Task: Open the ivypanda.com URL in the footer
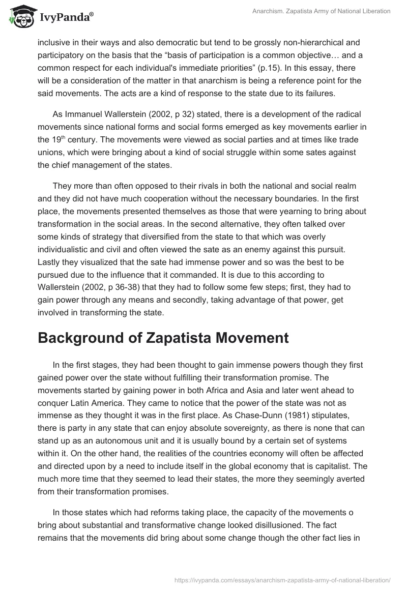click(x=282, y=579)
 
